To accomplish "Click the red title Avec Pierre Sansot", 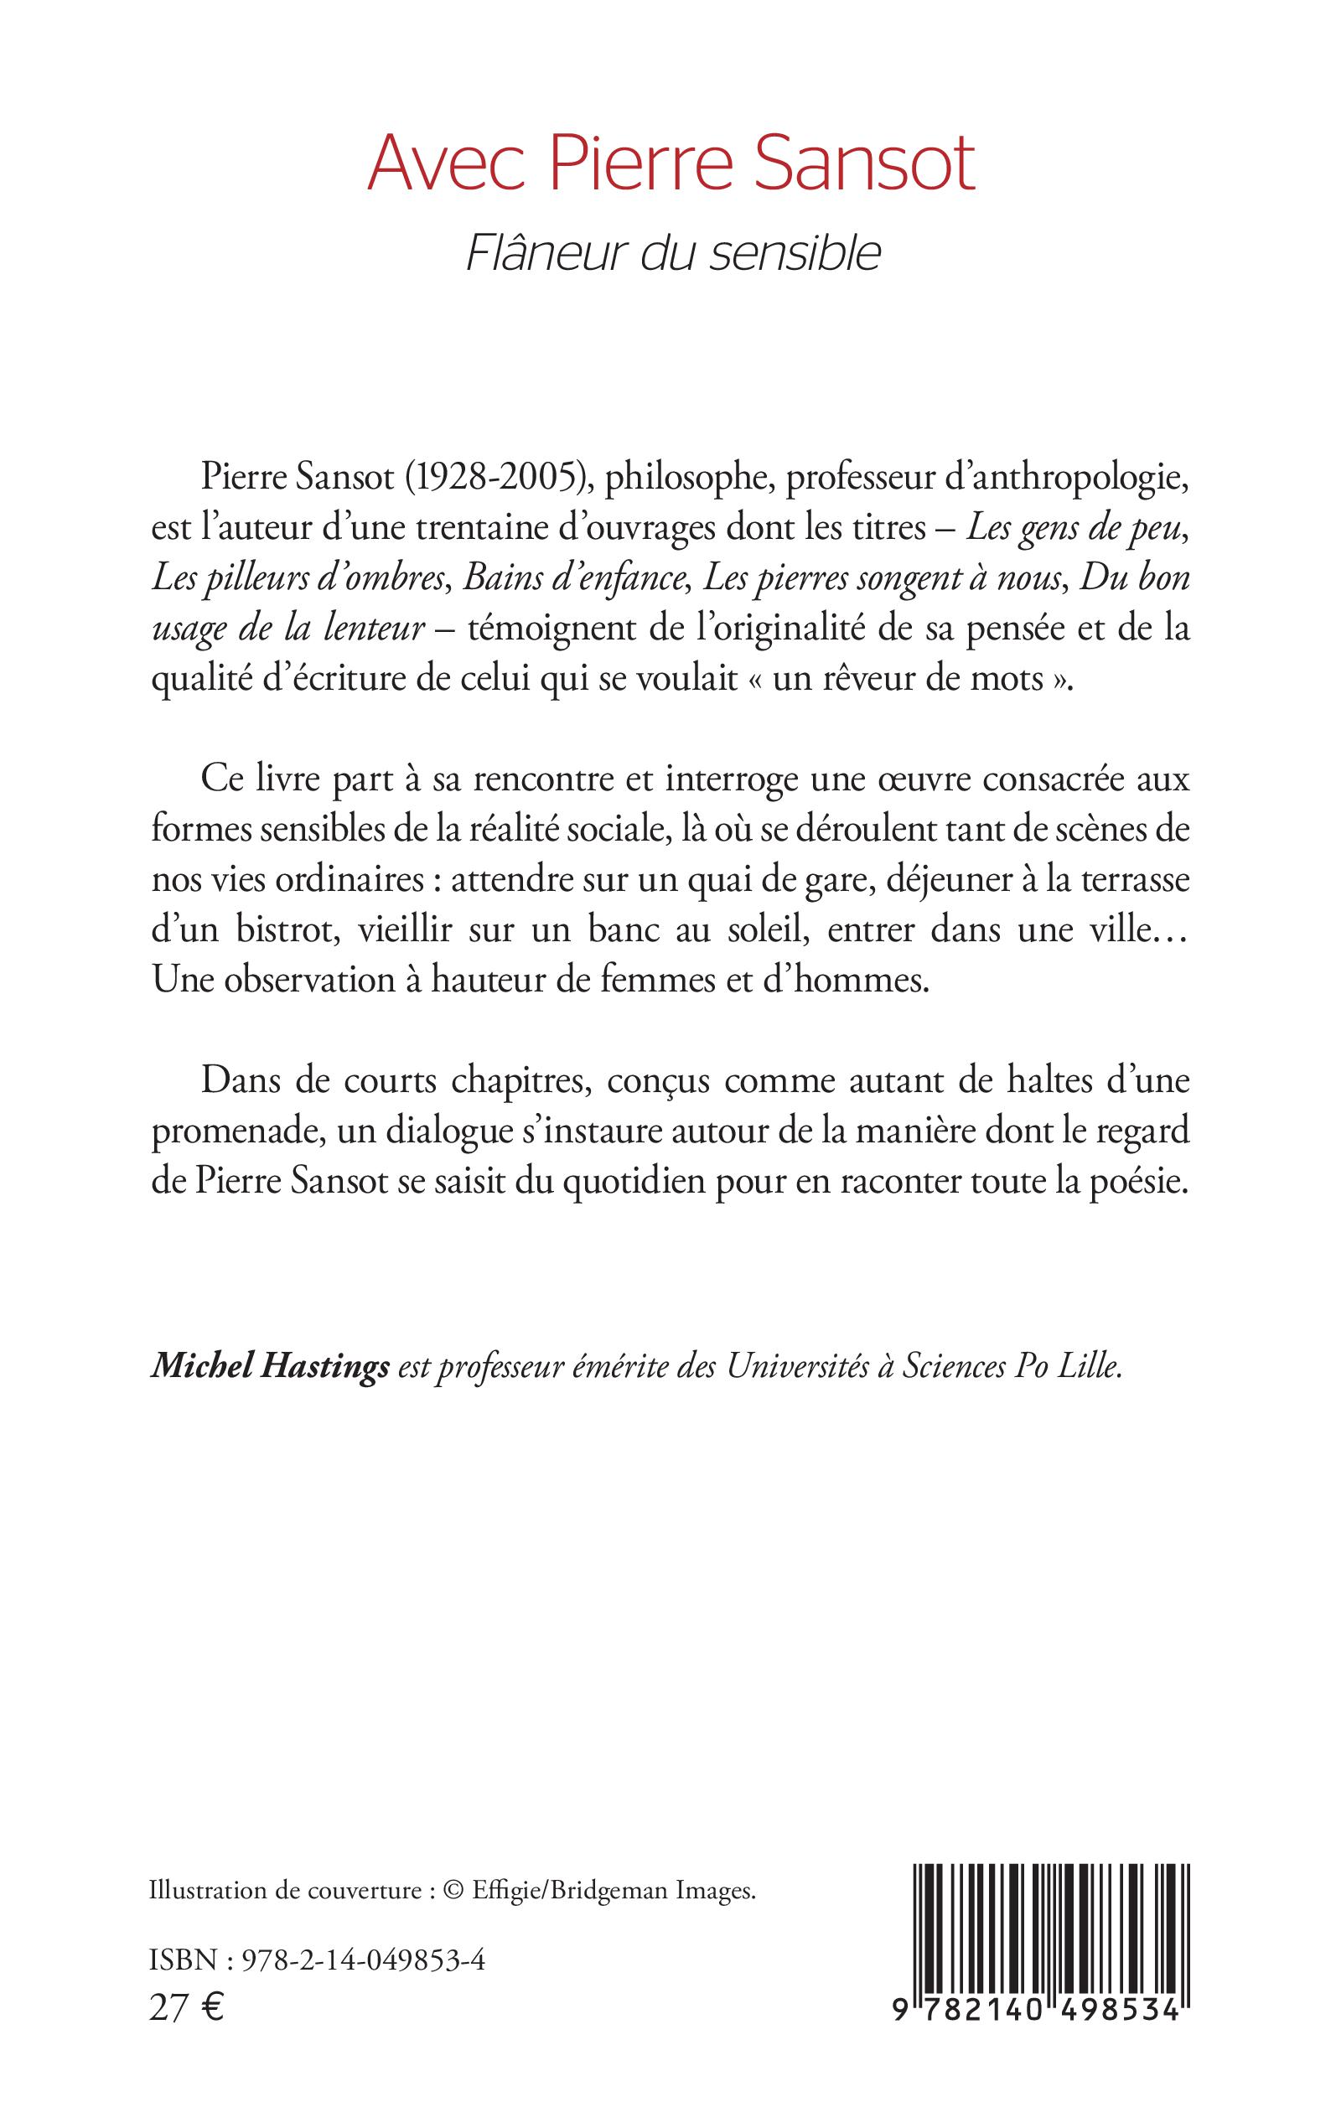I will [671, 165].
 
